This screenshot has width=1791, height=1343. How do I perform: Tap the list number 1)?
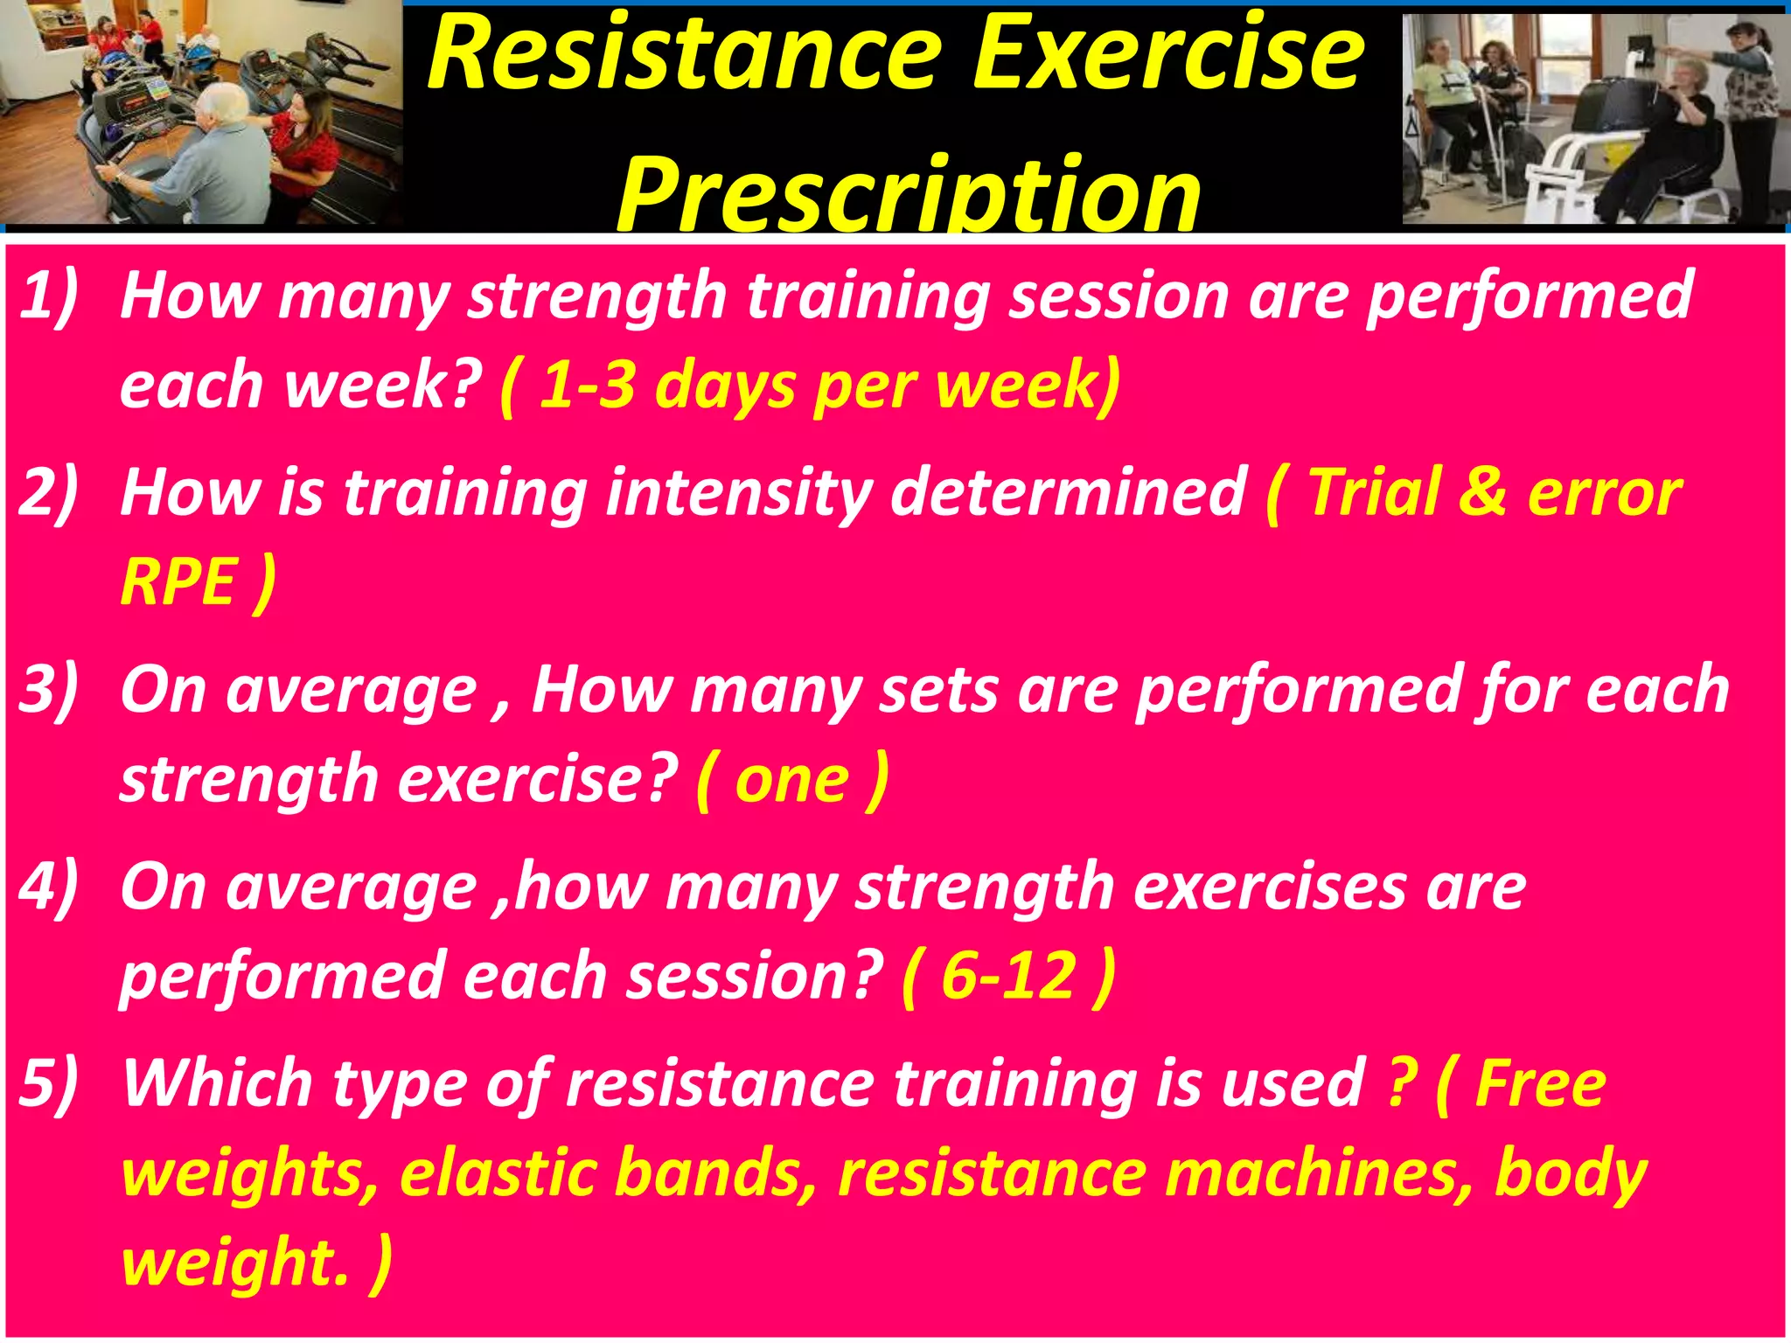click(48, 296)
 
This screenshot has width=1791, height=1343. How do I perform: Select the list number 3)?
click(48, 689)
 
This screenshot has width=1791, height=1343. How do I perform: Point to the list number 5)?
click(48, 1082)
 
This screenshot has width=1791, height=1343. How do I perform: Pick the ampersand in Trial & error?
click(1481, 492)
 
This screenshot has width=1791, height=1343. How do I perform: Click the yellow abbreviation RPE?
click(178, 582)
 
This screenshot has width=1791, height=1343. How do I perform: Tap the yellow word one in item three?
click(791, 780)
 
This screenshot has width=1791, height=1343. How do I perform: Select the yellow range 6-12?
click(1008, 976)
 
